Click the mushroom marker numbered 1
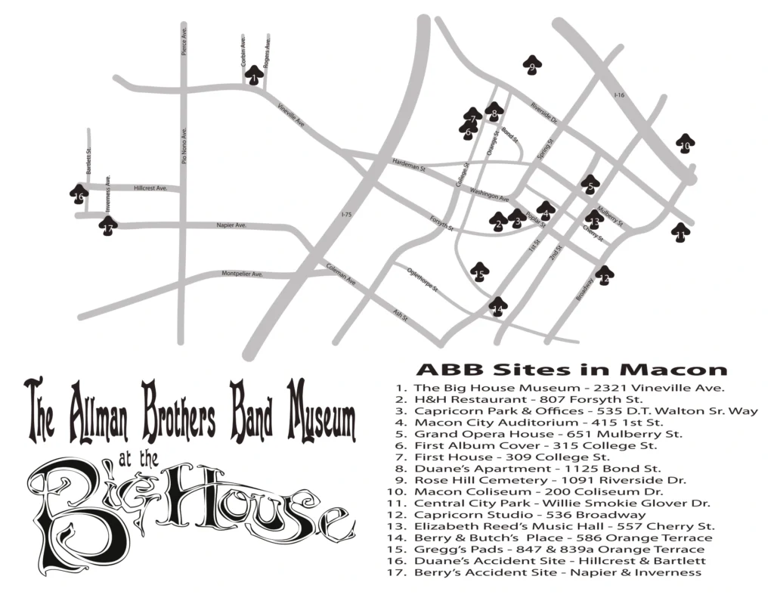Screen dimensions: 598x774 click(x=254, y=76)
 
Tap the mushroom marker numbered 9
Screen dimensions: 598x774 click(x=532, y=67)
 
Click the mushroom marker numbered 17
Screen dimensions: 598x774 click(x=108, y=225)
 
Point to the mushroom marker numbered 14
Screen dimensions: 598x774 click(x=497, y=307)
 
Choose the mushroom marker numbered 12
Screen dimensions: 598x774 click(x=603, y=277)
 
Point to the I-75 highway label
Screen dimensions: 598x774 click(x=346, y=215)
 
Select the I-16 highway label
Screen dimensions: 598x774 click(x=620, y=95)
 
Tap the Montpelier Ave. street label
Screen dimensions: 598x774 click(x=242, y=274)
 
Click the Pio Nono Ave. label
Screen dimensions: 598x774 click(x=184, y=147)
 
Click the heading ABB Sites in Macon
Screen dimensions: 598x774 click(x=571, y=370)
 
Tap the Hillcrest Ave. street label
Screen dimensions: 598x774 click(x=150, y=187)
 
